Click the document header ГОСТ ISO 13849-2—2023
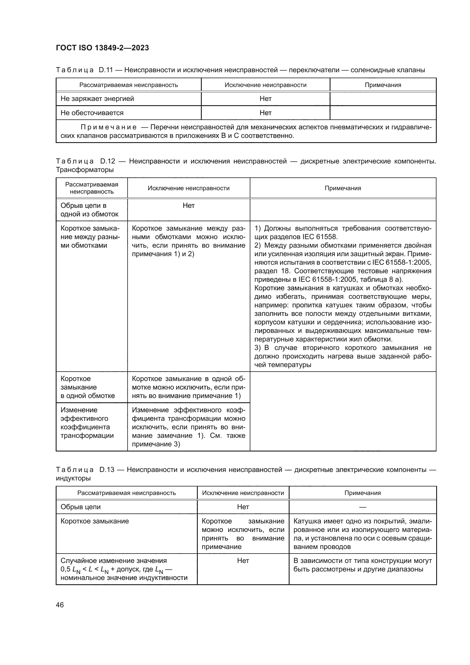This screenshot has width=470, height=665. [x=102, y=48]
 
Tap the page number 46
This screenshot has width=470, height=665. [x=60, y=605]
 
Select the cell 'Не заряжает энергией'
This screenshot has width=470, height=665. [x=97, y=99]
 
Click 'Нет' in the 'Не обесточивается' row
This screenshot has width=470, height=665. [x=265, y=113]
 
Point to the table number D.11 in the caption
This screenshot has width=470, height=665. [x=106, y=70]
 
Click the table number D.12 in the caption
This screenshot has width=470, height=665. [x=107, y=161]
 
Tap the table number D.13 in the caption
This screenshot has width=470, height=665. [x=107, y=470]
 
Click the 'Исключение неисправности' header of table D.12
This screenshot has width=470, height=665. [x=188, y=188]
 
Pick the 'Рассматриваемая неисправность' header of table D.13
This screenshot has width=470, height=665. [x=126, y=493]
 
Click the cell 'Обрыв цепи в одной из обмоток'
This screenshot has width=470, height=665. [x=90, y=210]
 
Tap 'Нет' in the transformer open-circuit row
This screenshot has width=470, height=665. [x=188, y=206]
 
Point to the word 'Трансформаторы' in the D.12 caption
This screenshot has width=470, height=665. [x=84, y=170]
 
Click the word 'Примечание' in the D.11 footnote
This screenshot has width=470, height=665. [x=109, y=127]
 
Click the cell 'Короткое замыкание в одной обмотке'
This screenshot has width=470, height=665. [x=88, y=387]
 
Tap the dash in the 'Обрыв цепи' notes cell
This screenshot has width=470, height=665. [x=362, y=507]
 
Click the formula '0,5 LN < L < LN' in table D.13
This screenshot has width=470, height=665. [x=84, y=569]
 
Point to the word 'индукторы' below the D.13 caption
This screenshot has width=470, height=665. [x=73, y=478]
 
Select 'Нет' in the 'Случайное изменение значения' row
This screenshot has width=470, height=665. [x=243, y=561]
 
